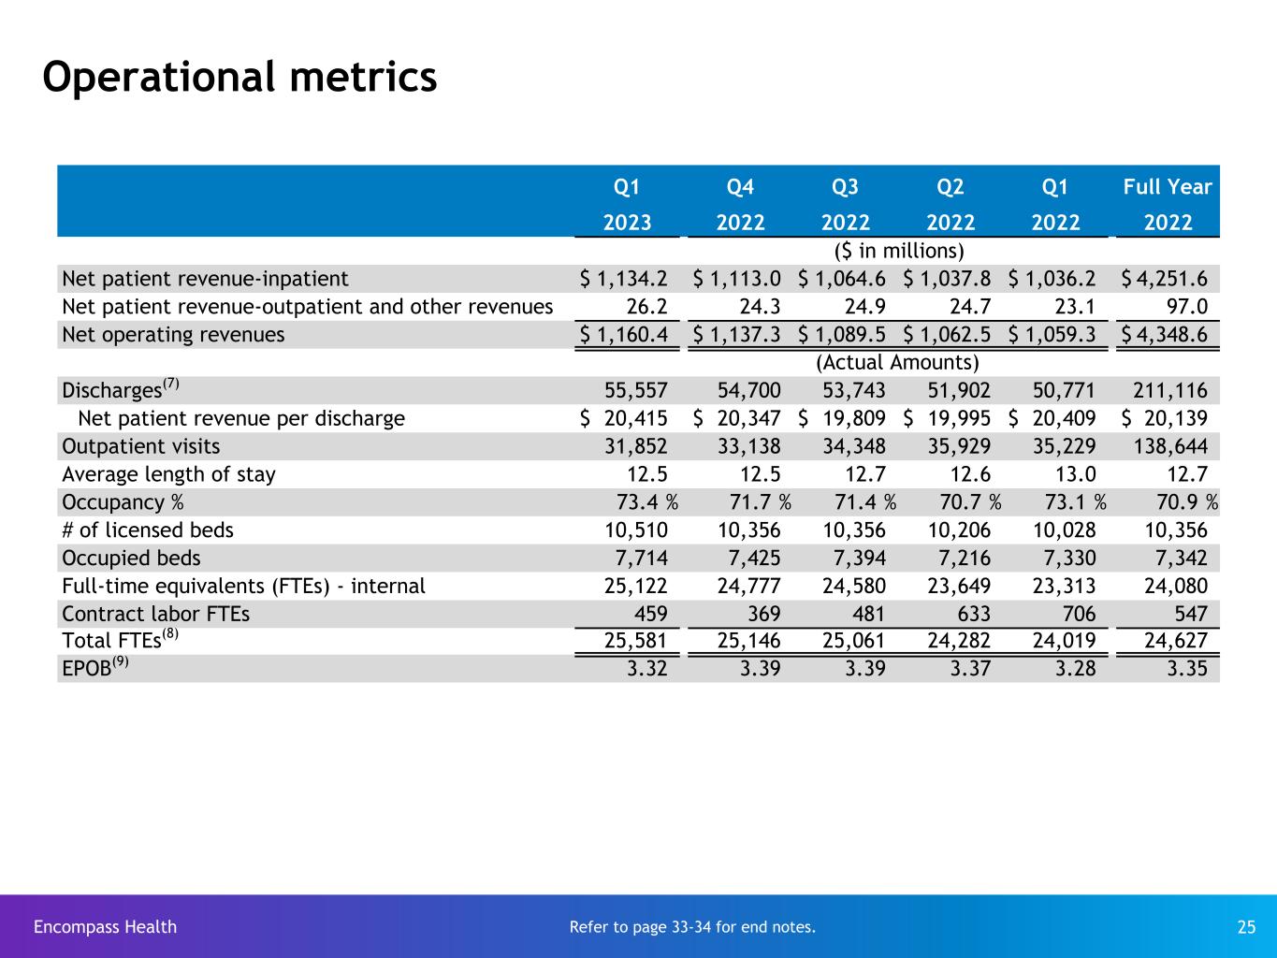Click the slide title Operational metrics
tap(239, 77)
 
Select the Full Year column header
tap(1168, 187)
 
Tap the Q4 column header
tap(740, 187)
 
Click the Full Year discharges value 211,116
tap(1169, 391)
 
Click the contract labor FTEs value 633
tap(973, 615)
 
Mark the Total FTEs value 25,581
tap(637, 643)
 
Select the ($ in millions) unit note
tap(898, 251)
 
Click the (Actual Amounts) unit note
tap(898, 362)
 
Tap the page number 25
tap(1246, 927)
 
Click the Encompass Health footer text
tap(105, 927)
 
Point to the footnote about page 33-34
tap(692, 927)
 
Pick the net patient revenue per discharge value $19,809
tap(842, 418)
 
